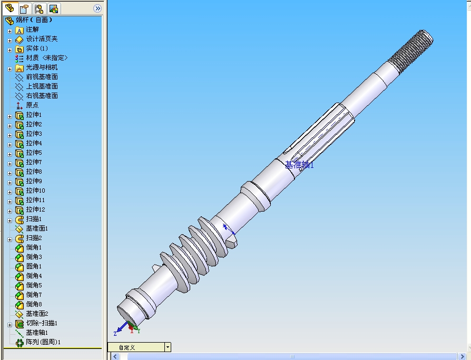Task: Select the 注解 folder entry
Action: point(32,29)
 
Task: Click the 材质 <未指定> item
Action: point(46,58)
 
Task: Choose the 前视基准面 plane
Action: point(42,77)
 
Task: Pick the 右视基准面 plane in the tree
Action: point(42,96)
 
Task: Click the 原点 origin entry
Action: point(32,105)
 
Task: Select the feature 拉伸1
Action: point(34,115)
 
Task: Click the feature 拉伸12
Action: point(35,209)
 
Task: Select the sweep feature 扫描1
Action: point(34,219)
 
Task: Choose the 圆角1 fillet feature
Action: point(34,266)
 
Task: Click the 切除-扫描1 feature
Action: point(42,323)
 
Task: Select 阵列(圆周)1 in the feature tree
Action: point(43,342)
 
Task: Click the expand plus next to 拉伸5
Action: point(9,153)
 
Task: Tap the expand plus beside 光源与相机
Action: point(9,68)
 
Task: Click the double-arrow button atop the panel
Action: point(97,8)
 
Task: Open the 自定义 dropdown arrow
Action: point(168,347)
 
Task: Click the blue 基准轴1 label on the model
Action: point(299,165)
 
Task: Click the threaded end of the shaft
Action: point(411,49)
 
